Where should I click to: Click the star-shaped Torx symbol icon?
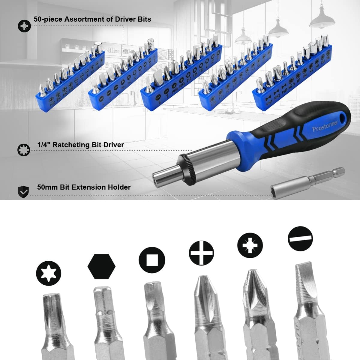pyautogui.click(x=49, y=273)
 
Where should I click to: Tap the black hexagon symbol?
pyautogui.click(x=101, y=266)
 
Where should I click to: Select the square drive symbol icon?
pyautogui.click(x=152, y=260)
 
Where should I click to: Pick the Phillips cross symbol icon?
pyautogui.click(x=202, y=253)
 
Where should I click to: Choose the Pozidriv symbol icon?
pyautogui.click(x=250, y=245)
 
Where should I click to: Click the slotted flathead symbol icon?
pyautogui.click(x=300, y=239)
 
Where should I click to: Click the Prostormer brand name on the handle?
pyautogui.click(x=325, y=125)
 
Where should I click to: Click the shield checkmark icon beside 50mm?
pyautogui.click(x=23, y=191)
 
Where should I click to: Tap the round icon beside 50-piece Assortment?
pyautogui.click(x=24, y=26)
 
